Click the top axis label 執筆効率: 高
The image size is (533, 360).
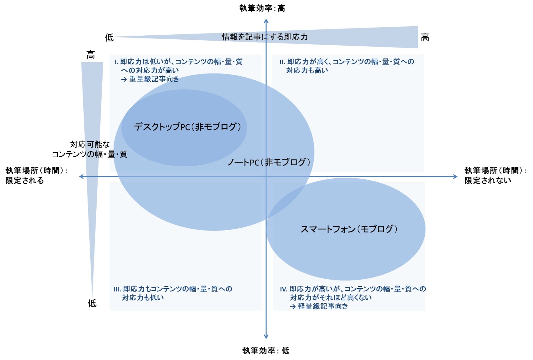pyautogui.click(x=262, y=8)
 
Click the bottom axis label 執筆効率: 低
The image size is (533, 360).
pyautogui.click(x=266, y=350)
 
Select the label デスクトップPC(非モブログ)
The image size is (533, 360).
pyautogui.click(x=187, y=127)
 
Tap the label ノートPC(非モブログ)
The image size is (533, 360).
pyautogui.click(x=268, y=162)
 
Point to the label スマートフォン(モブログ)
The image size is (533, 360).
pyautogui.click(x=349, y=229)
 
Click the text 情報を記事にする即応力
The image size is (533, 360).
pyautogui.click(x=265, y=37)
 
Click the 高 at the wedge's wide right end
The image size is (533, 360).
pyautogui.click(x=425, y=37)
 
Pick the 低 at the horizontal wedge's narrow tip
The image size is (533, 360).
pyautogui.click(x=109, y=37)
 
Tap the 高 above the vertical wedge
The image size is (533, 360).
pyautogui.click(x=91, y=55)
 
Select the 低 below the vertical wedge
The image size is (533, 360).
pyautogui.click(x=92, y=303)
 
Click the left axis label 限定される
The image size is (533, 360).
pyautogui.click(x=25, y=180)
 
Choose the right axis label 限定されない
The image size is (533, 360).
pyautogui.click(x=488, y=180)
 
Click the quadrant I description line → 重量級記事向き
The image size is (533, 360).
pyautogui.click(x=150, y=79)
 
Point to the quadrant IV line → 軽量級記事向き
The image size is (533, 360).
pyautogui.click(x=319, y=306)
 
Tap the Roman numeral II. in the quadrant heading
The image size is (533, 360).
pyautogui.click(x=282, y=62)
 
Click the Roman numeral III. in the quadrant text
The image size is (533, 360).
pyautogui.click(x=117, y=289)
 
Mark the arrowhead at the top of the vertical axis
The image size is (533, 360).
pyautogui.click(x=266, y=21)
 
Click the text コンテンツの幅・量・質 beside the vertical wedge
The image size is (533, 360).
pyautogui.click(x=89, y=154)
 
